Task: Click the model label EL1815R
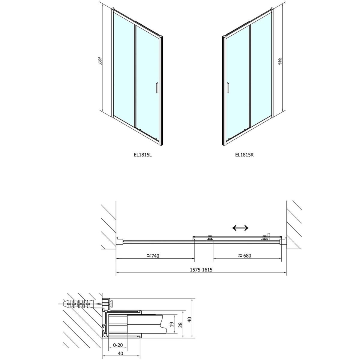click(244, 155)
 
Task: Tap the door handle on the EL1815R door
click(228, 87)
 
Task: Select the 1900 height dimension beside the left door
click(100, 60)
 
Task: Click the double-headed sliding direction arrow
click(240, 228)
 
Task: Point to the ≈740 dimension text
click(153, 256)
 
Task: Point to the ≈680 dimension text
click(245, 255)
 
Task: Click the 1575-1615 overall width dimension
click(201, 270)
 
